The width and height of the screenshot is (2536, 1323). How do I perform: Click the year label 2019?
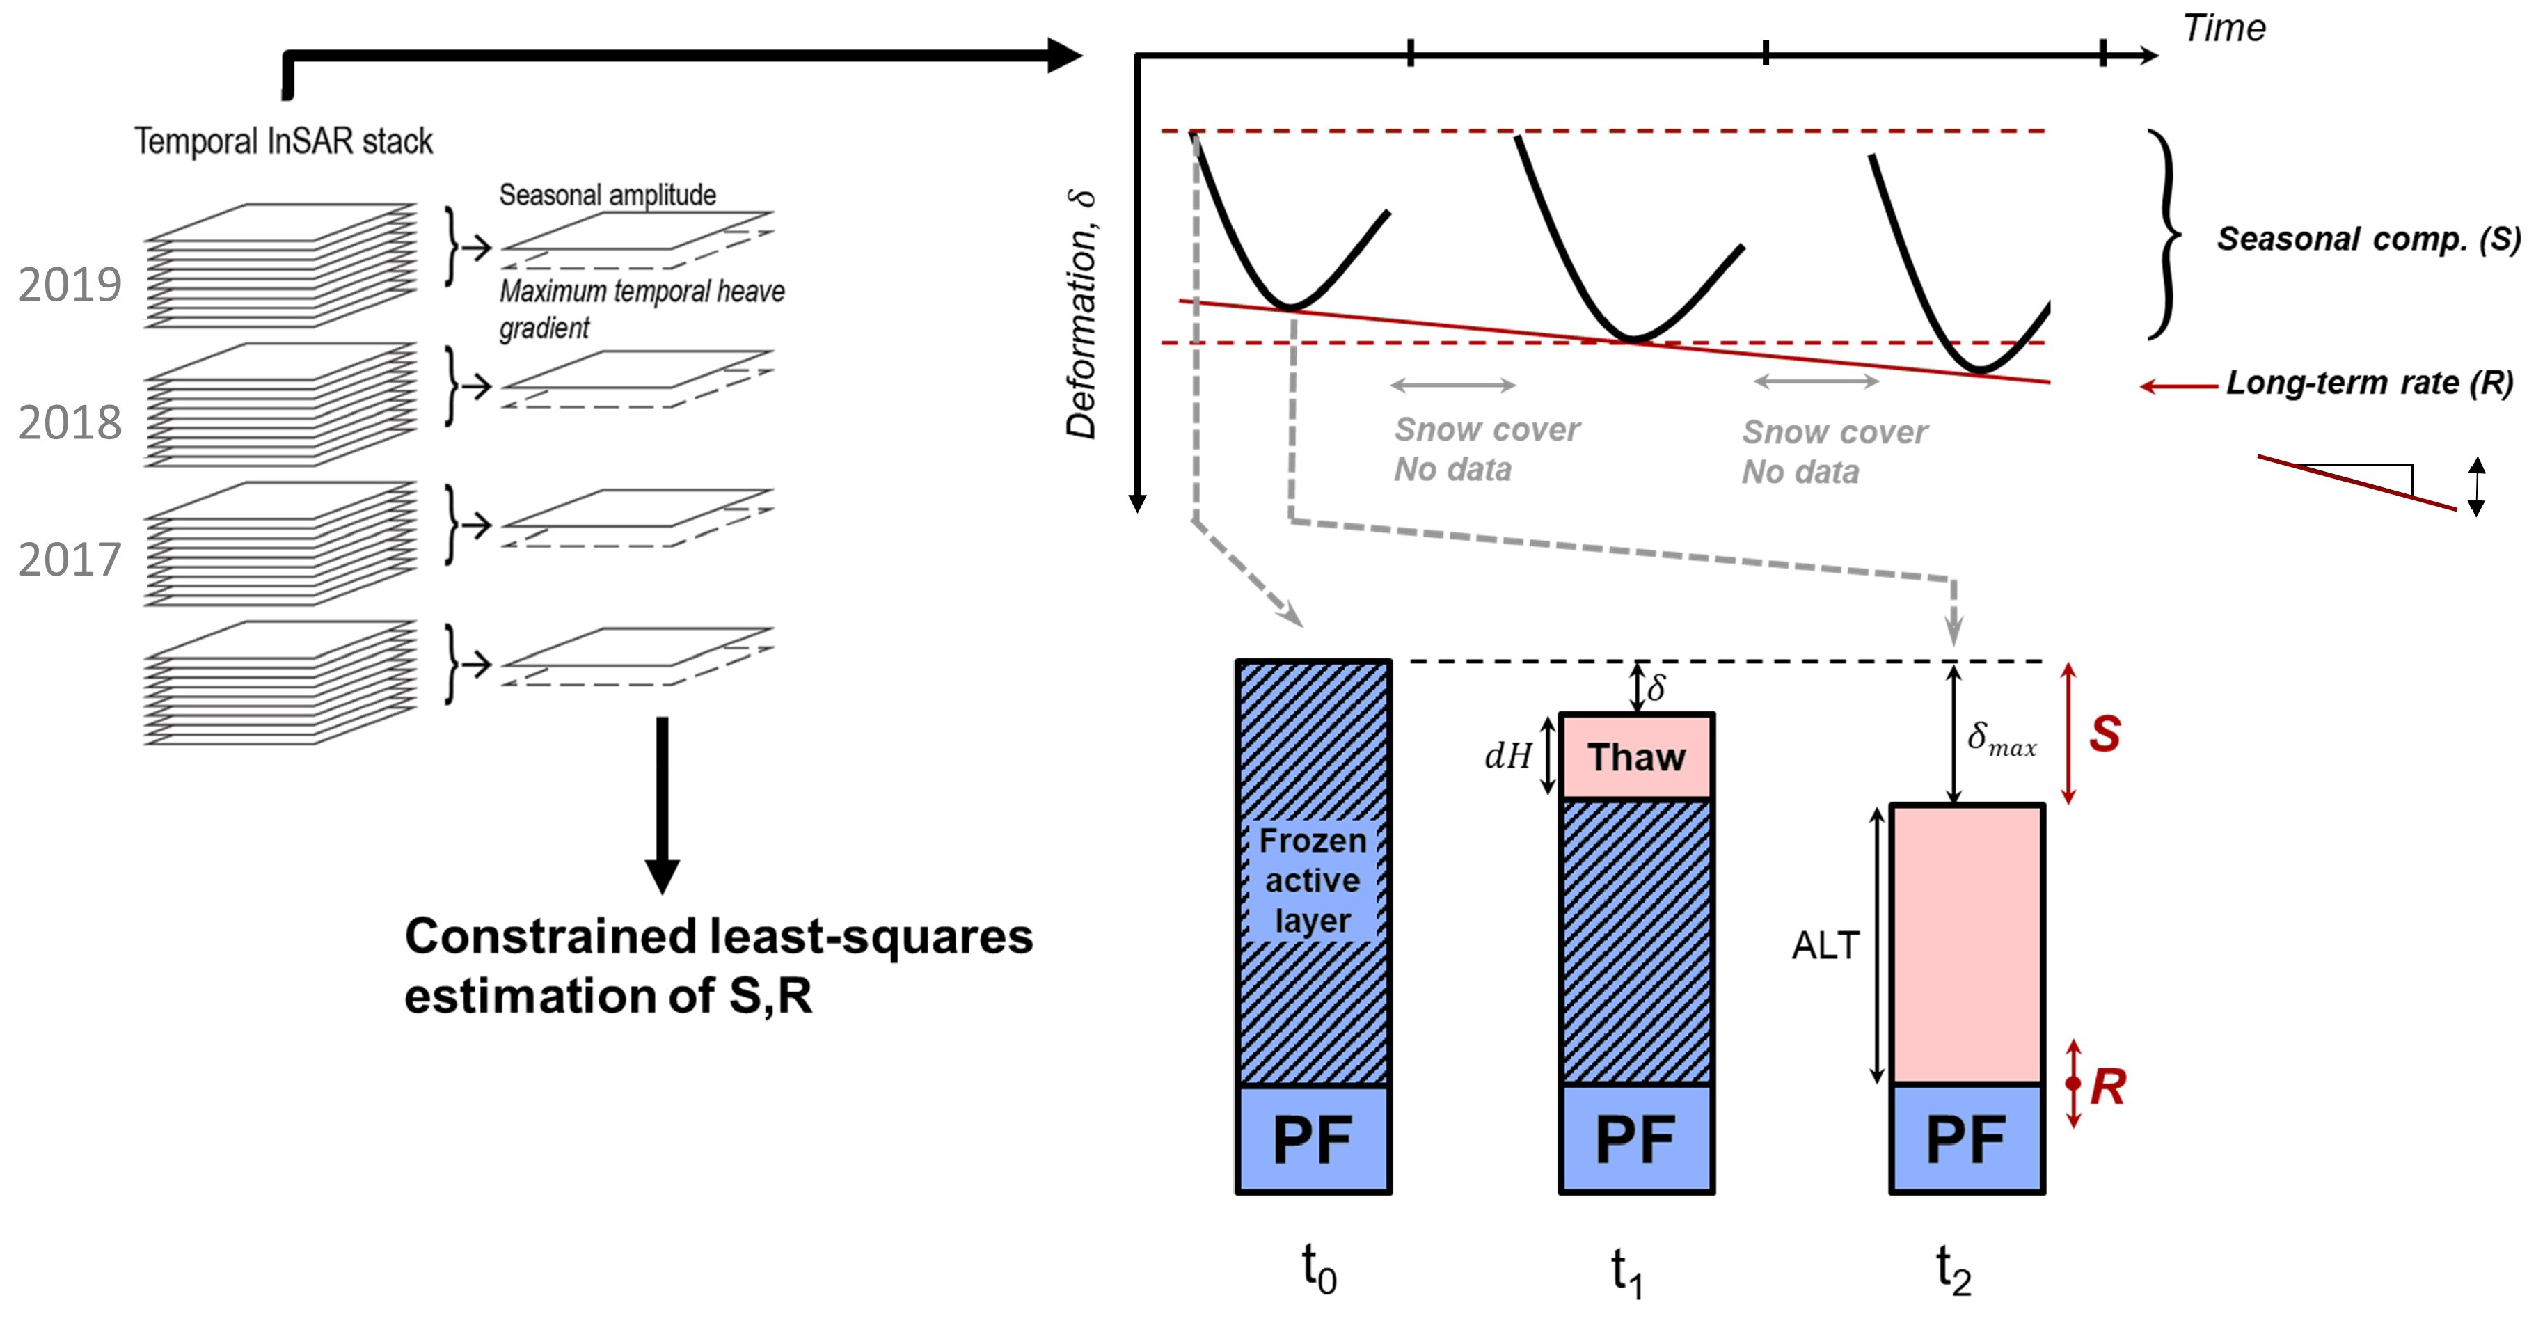[x=70, y=285]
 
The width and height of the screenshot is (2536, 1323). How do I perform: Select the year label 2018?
[x=70, y=423]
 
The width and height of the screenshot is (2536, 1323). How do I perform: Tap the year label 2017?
[x=70, y=560]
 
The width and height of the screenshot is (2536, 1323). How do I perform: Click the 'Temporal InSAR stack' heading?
[x=283, y=141]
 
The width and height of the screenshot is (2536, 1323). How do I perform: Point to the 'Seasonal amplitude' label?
[x=608, y=195]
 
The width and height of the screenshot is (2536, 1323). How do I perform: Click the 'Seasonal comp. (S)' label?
[x=2368, y=239]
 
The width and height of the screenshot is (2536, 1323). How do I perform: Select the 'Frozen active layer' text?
[x=1313, y=880]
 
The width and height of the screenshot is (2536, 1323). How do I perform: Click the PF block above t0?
[x=1313, y=1139]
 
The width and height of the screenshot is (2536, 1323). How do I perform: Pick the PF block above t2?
[x=1966, y=1139]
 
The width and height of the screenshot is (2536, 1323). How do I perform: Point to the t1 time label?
[x=1626, y=1271]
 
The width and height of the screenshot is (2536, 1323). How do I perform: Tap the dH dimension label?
[x=1508, y=756]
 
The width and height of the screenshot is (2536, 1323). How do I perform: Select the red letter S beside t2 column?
[x=2104, y=734]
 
